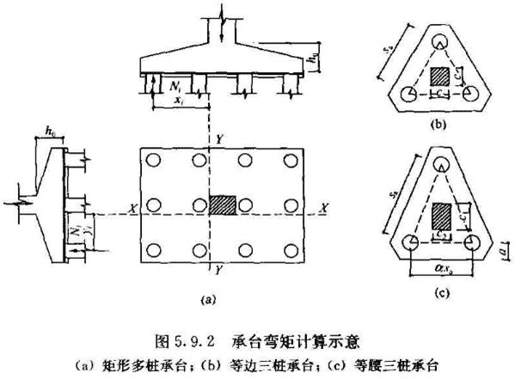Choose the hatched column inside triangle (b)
(438, 76)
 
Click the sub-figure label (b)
(438, 125)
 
